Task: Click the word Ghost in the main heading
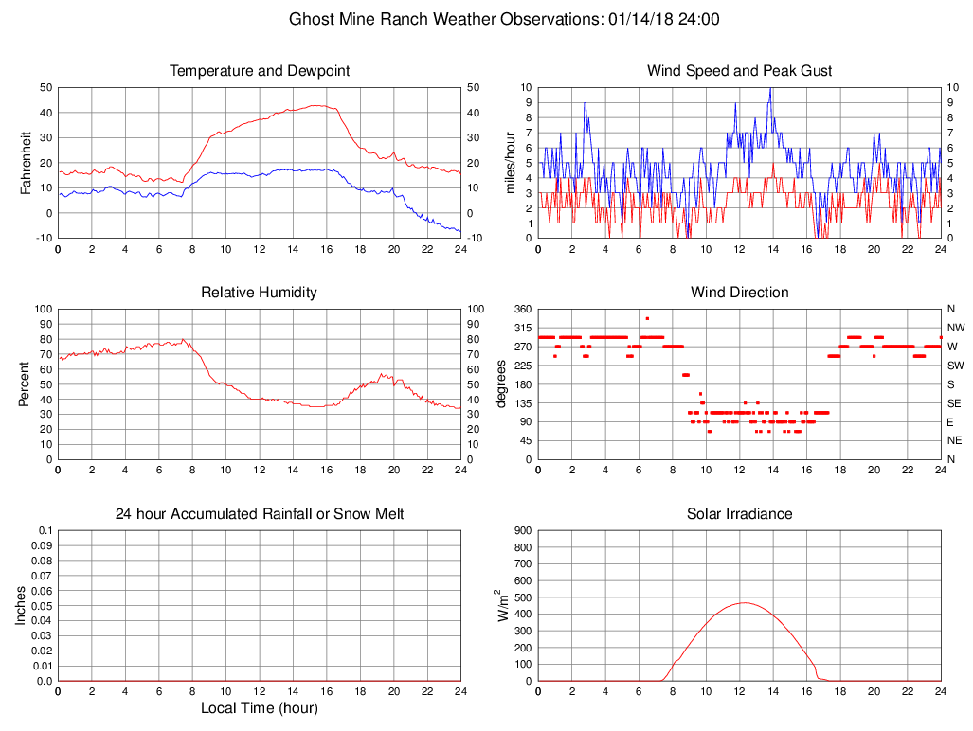pyautogui.click(x=311, y=19)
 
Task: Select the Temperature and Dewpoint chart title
pyautogui.click(x=260, y=71)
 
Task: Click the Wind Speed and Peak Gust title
pyautogui.click(x=740, y=71)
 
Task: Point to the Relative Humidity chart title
pyautogui.click(x=260, y=293)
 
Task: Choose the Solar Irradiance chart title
pyautogui.click(x=740, y=514)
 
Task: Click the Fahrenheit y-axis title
pyautogui.click(x=27, y=163)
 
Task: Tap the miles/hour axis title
pyautogui.click(x=511, y=163)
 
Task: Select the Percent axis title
pyautogui.click(x=27, y=384)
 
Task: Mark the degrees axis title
pyautogui.click(x=501, y=384)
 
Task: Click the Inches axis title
pyautogui.click(x=21, y=606)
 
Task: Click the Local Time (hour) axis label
pyautogui.click(x=260, y=708)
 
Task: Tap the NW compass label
pyautogui.click(x=955, y=328)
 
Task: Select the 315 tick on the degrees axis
pyautogui.click(x=522, y=328)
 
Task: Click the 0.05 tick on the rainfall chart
pyautogui.click(x=42, y=606)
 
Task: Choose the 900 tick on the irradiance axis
pyautogui.click(x=523, y=531)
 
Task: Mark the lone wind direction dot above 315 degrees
pyautogui.click(x=647, y=318)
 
